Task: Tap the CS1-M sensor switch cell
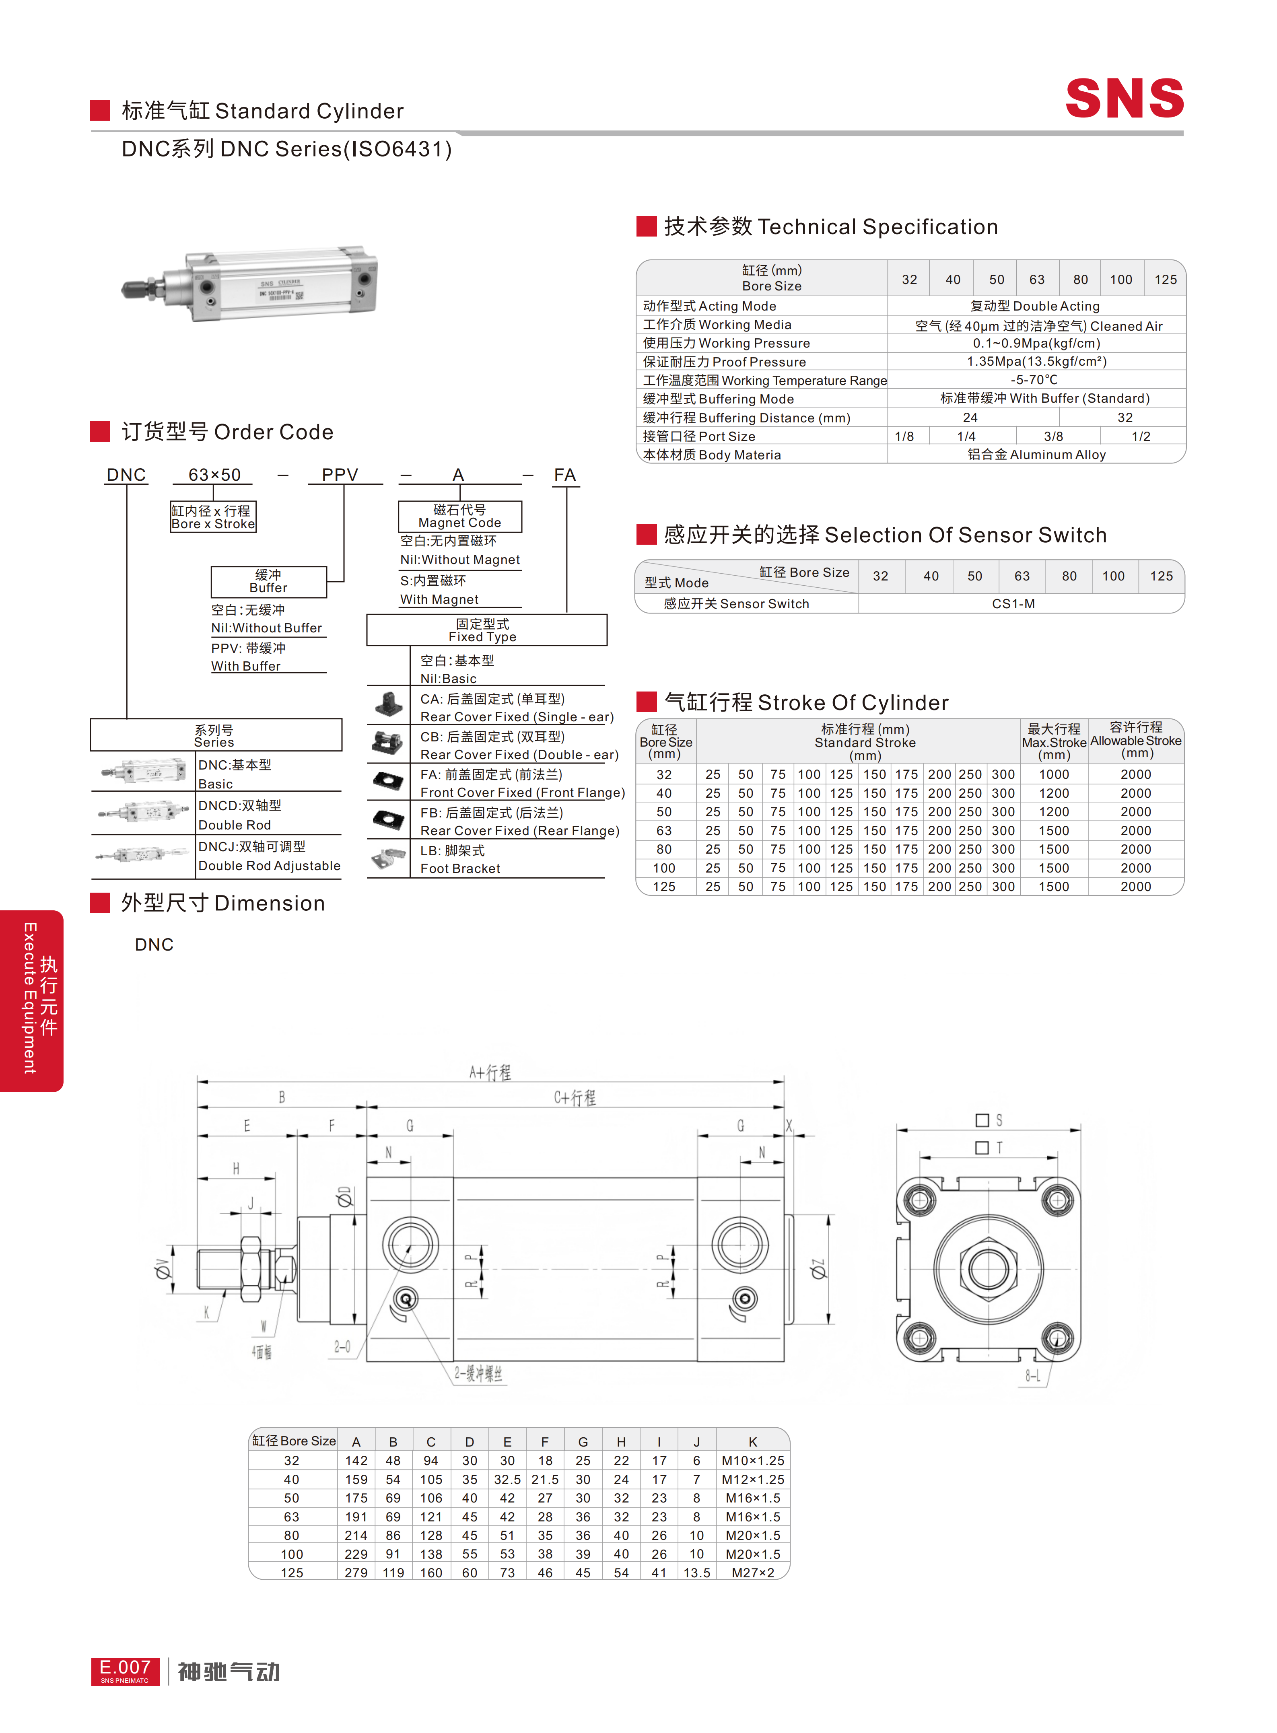(x=1013, y=604)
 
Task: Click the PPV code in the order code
(x=340, y=475)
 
